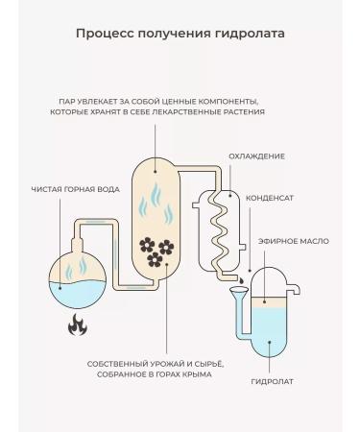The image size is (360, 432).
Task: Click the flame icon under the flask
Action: [75, 325]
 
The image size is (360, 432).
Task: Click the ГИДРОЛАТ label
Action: [272, 382]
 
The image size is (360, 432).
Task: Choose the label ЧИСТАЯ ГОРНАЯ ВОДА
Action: [75, 189]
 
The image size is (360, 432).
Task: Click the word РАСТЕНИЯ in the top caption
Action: [238, 112]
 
